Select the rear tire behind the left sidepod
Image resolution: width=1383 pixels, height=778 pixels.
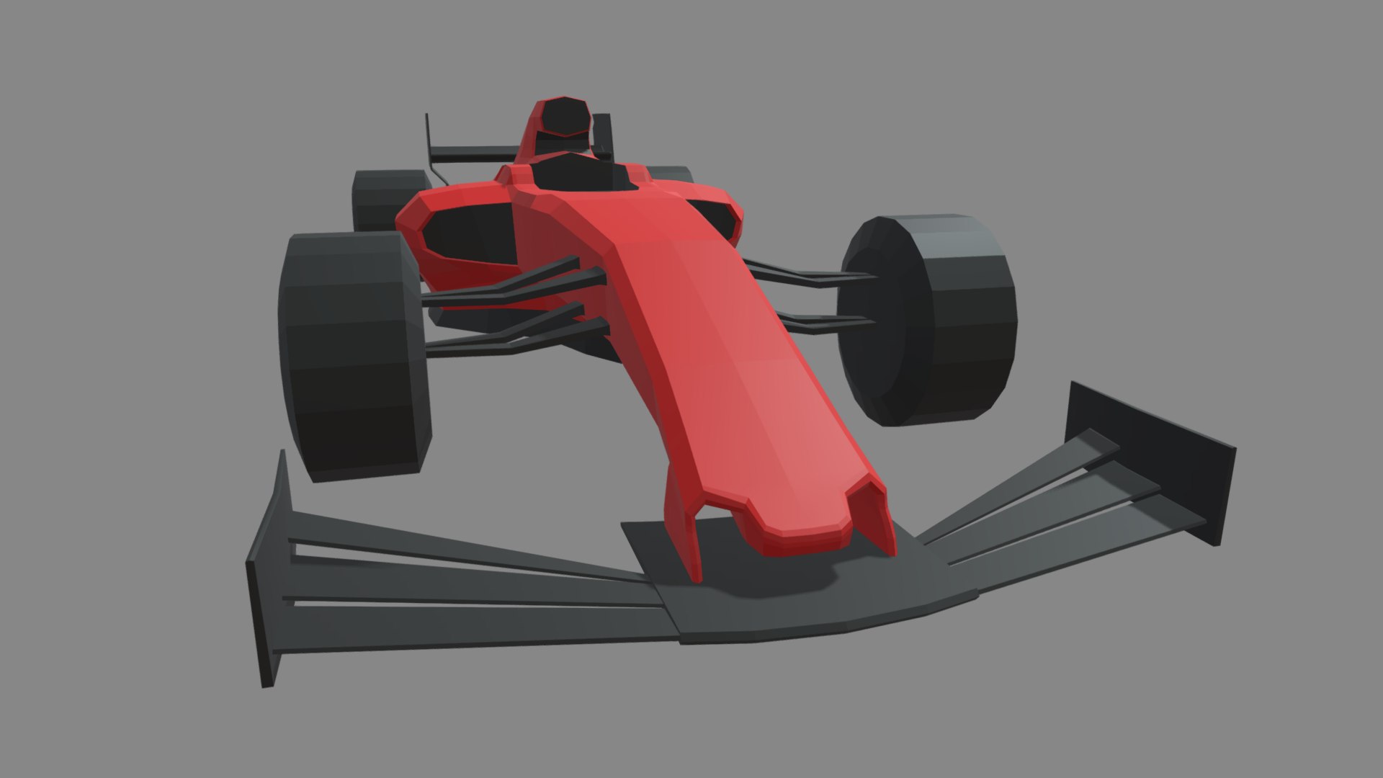tap(382, 198)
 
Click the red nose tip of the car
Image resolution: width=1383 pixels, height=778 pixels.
tap(800, 533)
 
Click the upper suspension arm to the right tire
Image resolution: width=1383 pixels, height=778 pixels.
tap(807, 274)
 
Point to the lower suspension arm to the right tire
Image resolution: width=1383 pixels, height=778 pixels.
tap(821, 321)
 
